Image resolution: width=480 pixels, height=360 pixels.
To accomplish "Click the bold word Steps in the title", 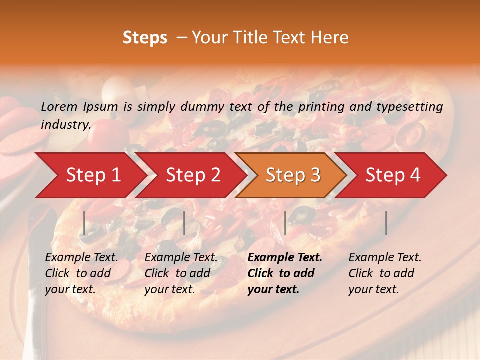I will (145, 38).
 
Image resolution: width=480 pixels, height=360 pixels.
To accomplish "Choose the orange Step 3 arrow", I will (293, 175).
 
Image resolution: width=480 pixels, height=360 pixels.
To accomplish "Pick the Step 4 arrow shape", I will (393, 175).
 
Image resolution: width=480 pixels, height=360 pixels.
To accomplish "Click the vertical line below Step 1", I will (84, 223).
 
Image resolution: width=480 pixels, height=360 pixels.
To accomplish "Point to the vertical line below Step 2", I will (184, 223).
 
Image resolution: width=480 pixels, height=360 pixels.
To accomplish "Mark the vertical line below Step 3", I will (285, 223).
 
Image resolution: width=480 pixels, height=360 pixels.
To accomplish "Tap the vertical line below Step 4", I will (386, 223).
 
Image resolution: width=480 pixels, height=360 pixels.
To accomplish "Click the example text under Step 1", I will (81, 273).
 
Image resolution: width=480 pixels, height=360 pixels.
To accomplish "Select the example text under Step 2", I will (181, 273).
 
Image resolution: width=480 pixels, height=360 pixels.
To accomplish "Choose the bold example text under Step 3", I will (285, 273).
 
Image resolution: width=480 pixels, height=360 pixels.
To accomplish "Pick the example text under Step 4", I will (385, 273).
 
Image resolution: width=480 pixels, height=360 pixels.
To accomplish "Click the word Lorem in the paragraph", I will (59, 106).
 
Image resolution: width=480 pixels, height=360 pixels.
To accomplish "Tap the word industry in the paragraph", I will (65, 125).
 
